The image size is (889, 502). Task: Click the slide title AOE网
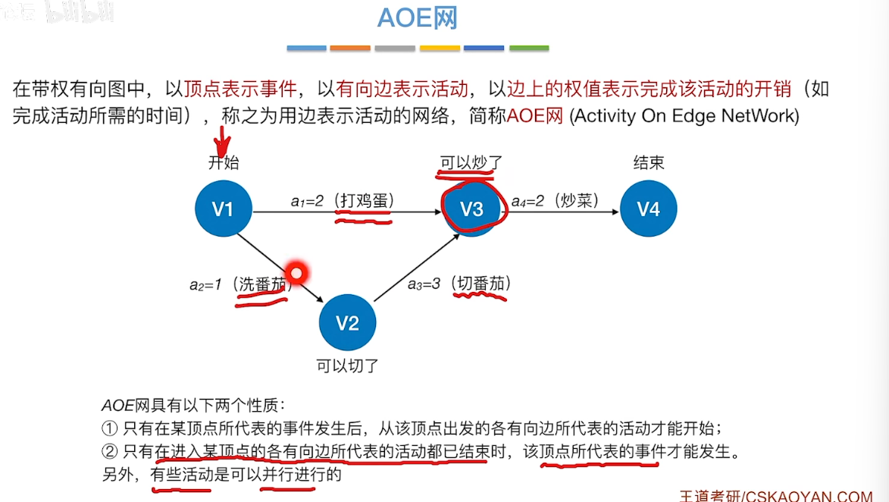pos(418,18)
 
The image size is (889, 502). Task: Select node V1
pos(223,209)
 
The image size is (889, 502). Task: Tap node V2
pos(347,323)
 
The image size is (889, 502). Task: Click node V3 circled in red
pos(471,209)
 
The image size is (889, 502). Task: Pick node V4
pos(648,209)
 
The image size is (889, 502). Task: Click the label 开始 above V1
pos(223,162)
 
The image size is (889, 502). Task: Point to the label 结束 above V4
pos(648,162)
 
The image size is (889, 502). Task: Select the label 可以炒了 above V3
pos(471,162)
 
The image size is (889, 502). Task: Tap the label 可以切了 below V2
pos(347,366)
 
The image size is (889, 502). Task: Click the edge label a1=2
pos(308,201)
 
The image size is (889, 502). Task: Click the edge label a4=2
pos(528,201)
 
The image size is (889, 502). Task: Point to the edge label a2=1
pos(206,285)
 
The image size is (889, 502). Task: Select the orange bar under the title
pos(350,49)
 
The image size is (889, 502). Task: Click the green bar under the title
pos(529,49)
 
